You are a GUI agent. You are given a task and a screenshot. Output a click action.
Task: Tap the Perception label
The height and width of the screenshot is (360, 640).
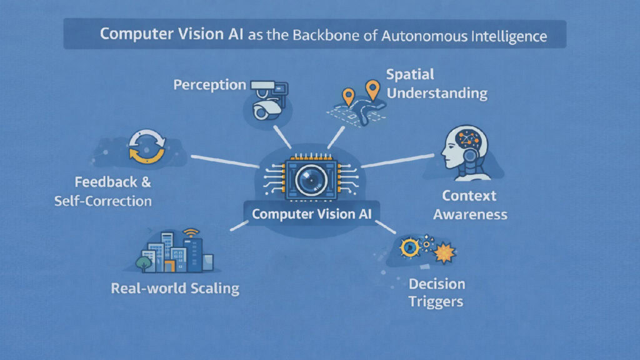click(x=209, y=85)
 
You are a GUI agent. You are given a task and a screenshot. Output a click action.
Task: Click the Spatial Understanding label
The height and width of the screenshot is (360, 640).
click(x=436, y=84)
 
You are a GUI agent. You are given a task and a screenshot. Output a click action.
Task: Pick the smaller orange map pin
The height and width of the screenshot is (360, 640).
click(x=348, y=96)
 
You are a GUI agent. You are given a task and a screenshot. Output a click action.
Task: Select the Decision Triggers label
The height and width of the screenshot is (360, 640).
click(x=436, y=292)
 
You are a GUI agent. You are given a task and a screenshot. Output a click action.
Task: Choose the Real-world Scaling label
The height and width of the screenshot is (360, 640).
click(x=175, y=288)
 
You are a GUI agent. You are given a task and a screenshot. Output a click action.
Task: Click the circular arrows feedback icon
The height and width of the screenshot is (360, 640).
click(x=146, y=147)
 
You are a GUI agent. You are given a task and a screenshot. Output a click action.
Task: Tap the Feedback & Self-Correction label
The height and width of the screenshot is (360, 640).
click(x=112, y=192)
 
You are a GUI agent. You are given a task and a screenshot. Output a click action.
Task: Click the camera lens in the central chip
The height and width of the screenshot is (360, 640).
click(x=307, y=181)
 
